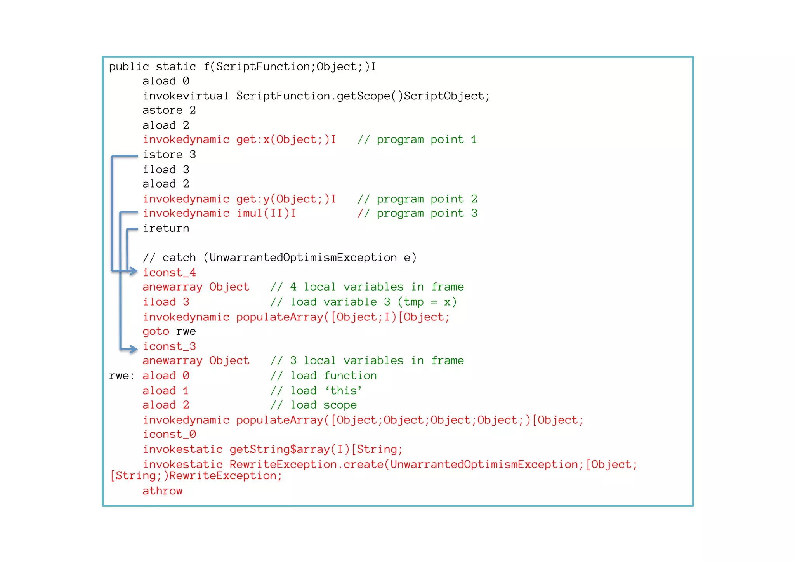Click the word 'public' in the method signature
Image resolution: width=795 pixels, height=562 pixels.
pos(129,67)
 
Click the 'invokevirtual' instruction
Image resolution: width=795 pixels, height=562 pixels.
pos(186,96)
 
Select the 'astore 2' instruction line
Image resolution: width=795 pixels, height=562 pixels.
pos(169,111)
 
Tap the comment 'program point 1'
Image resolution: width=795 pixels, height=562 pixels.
pos(417,140)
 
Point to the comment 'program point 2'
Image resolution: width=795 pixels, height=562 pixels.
pos(417,199)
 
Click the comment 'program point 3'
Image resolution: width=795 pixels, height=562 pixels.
pos(417,214)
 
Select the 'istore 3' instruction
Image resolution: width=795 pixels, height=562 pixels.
pos(169,155)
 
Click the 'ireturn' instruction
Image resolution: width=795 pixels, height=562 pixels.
pos(166,228)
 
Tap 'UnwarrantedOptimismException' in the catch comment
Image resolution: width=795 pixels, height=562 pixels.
pos(303,258)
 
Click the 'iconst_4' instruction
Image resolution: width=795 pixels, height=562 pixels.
pos(169,273)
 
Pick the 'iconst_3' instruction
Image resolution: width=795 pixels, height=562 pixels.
pos(169,346)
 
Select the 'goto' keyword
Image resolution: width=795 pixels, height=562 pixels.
pos(156,332)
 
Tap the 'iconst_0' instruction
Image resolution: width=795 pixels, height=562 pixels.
pos(169,435)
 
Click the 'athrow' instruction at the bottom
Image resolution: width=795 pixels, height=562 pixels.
pos(162,491)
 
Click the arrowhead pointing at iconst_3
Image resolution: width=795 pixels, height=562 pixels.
pos(133,349)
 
